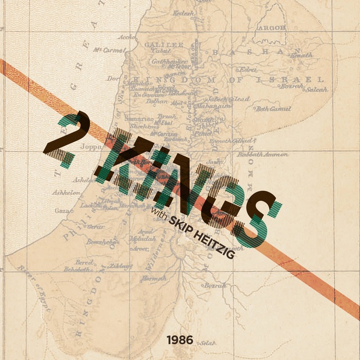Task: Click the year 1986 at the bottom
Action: coord(179,340)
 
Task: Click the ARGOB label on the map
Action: coord(271,27)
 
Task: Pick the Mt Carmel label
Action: coord(109,50)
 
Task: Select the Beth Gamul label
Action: coord(274,109)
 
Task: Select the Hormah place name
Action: coord(154,278)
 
